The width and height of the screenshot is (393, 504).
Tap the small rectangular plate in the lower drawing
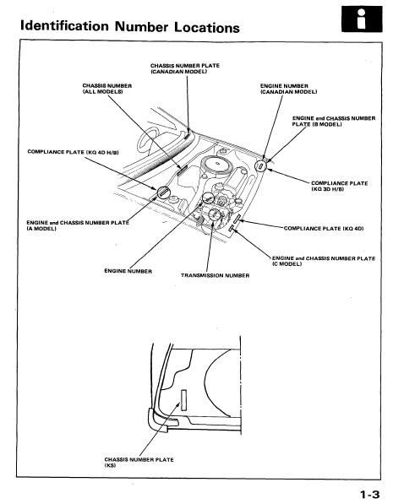(x=183, y=399)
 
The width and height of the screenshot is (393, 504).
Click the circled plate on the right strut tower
(x=261, y=166)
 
